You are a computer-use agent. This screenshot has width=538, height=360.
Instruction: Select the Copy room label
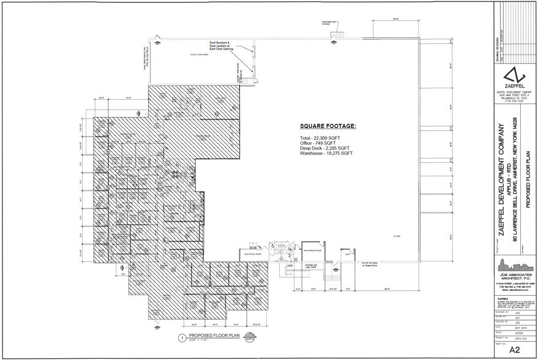click(346, 252)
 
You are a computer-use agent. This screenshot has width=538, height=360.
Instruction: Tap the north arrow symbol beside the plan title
click(250, 337)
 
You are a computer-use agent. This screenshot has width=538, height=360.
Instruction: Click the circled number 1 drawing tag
click(181, 337)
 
